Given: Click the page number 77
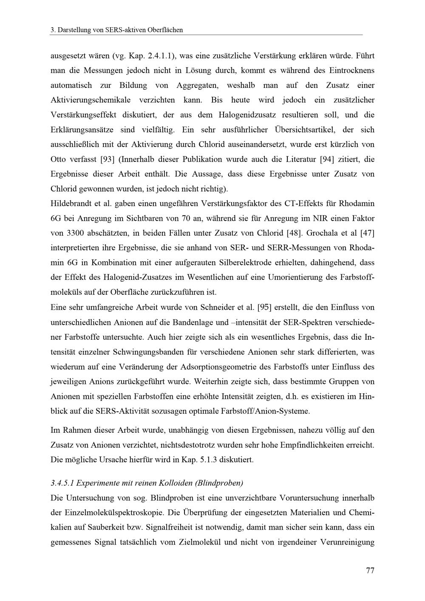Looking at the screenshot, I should click(x=370, y=570).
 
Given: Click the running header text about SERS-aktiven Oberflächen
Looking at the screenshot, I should click(x=116, y=30).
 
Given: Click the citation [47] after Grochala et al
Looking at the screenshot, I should click(x=367, y=233).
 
